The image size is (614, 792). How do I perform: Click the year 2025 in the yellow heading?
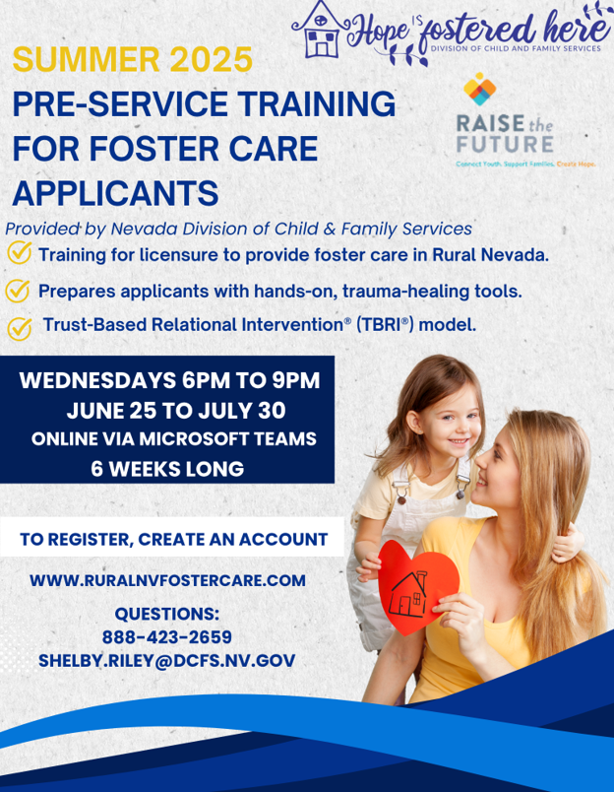(211, 59)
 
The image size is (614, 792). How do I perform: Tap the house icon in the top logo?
(321, 30)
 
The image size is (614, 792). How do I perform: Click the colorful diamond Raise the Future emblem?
(480, 89)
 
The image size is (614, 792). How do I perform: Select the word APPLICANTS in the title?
(115, 192)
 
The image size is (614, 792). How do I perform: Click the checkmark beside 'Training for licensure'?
(20, 252)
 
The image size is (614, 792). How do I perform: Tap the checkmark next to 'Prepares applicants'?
(17, 291)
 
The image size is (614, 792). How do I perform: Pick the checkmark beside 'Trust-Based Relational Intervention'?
(20, 328)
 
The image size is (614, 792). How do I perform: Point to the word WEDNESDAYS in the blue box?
(96, 380)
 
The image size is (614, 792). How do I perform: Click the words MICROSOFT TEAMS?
(227, 438)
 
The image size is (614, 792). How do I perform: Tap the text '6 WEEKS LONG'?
(167, 469)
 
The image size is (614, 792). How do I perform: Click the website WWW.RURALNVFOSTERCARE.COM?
(167, 580)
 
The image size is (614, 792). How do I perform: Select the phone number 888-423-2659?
(167, 637)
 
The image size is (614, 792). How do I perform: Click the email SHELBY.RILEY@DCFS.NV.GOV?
(167, 661)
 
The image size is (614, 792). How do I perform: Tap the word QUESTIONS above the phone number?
(167, 615)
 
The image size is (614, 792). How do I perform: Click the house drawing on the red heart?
(409, 595)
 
